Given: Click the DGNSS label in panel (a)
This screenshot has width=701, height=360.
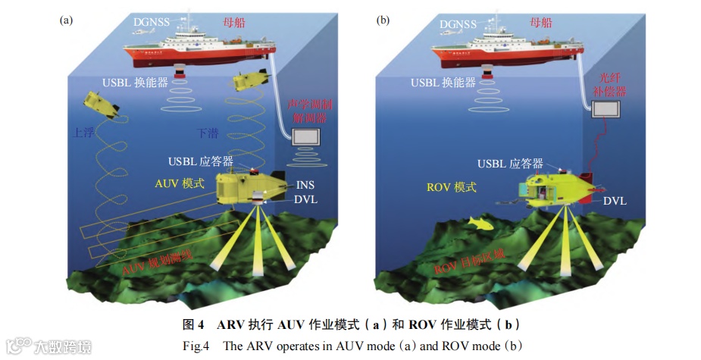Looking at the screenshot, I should tap(155, 23).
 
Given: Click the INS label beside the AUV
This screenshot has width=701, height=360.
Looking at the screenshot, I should tap(306, 184).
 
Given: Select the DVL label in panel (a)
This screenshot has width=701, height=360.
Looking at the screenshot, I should tap(306, 200).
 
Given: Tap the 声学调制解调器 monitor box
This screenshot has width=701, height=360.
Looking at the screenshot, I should tap(306, 137).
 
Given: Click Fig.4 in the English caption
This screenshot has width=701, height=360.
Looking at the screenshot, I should tap(196, 346).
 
